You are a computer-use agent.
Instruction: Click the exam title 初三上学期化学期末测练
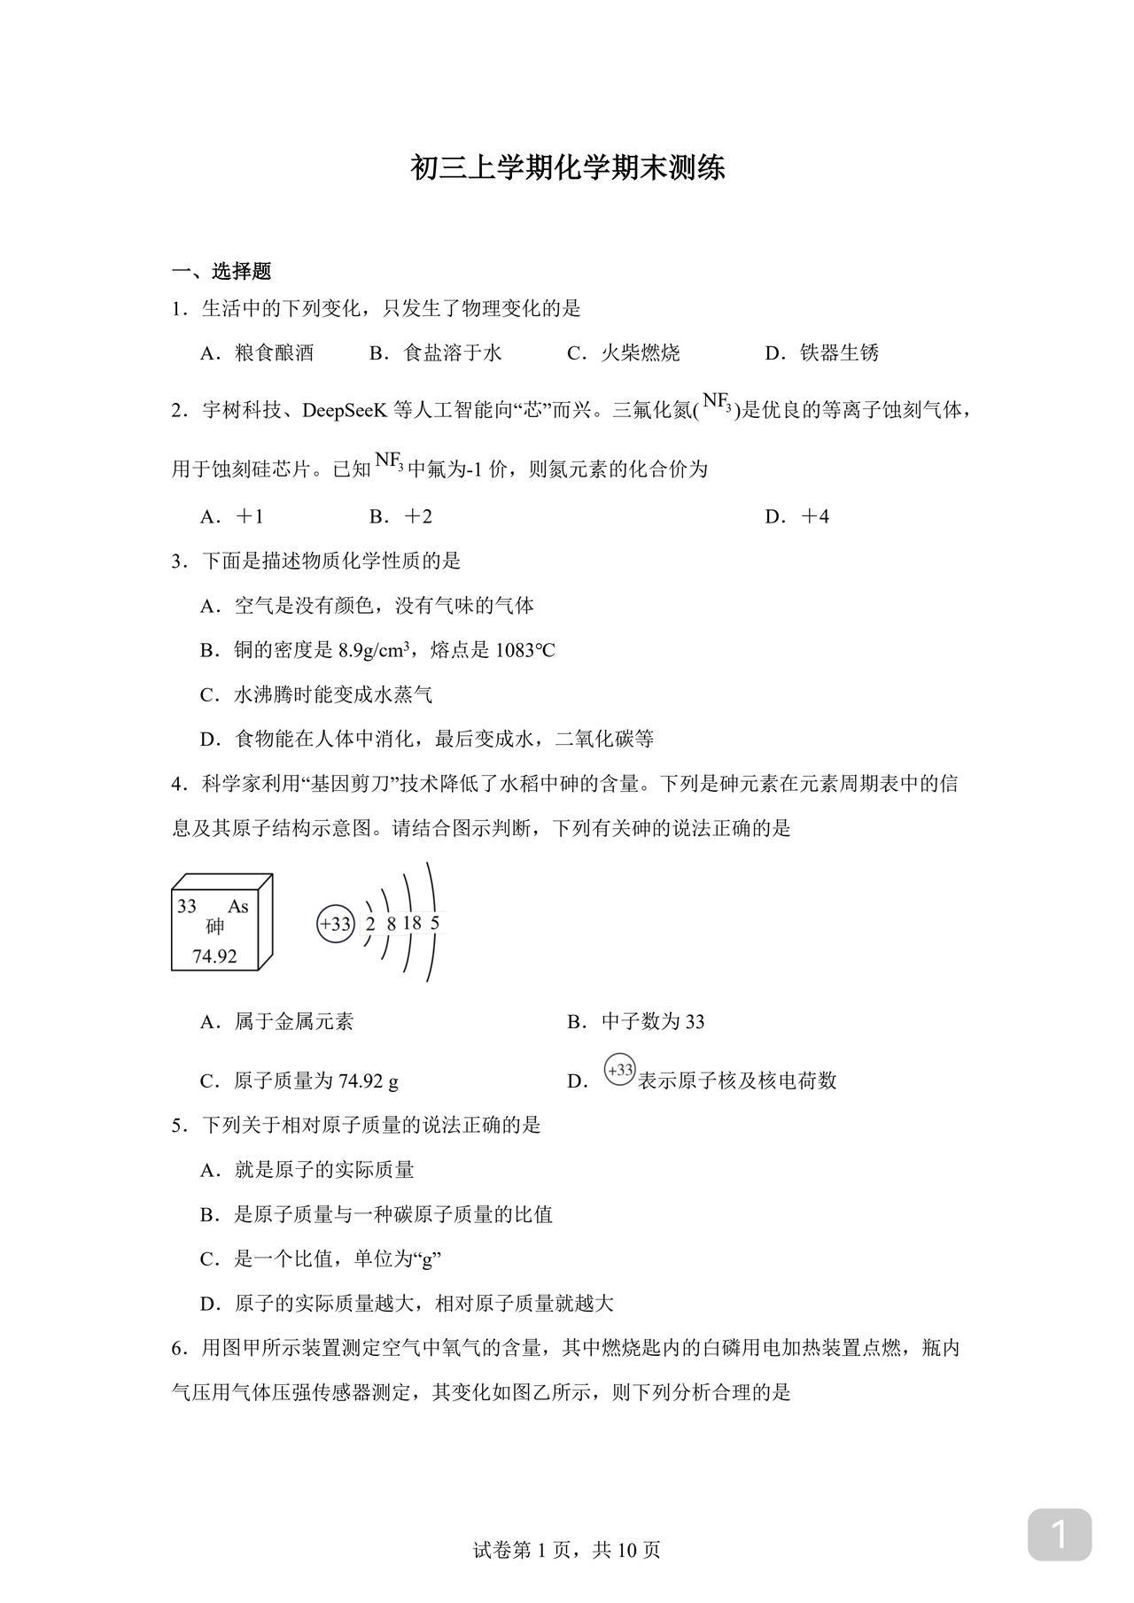point(567,167)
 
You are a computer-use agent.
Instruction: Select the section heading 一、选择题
point(221,271)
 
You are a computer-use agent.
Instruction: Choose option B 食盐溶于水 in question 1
point(435,352)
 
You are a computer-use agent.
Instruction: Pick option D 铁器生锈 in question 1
point(821,352)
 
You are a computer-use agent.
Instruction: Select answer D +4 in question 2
point(797,516)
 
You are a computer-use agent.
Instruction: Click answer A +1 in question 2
point(233,516)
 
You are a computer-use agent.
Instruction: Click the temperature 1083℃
point(524,650)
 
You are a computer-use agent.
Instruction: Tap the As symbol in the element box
point(238,906)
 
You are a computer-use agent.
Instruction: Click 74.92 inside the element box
point(214,956)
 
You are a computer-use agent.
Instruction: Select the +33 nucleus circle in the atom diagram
point(336,924)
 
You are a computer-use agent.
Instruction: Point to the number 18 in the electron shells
point(412,923)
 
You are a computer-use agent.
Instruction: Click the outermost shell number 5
point(434,923)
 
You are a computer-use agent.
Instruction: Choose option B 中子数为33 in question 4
point(635,1022)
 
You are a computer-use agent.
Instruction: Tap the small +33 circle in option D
point(620,1070)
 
